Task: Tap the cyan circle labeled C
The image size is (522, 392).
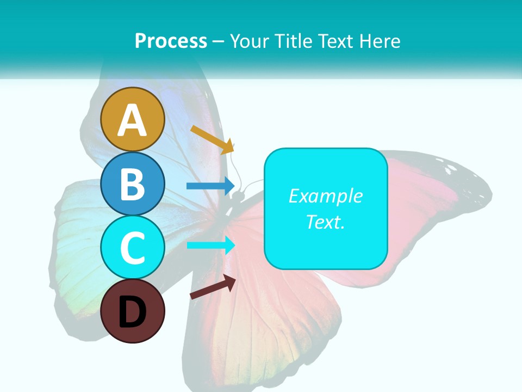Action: pyautogui.click(x=133, y=248)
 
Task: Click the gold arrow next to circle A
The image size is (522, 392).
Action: pyautogui.click(x=213, y=139)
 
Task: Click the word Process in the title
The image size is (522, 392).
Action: pyautogui.click(x=171, y=41)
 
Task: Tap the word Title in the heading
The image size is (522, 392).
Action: pyautogui.click(x=289, y=41)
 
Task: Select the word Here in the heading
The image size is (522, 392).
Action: pyautogui.click(x=380, y=41)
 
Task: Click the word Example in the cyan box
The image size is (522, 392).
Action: pyautogui.click(x=325, y=196)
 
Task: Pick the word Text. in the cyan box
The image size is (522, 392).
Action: pyautogui.click(x=325, y=222)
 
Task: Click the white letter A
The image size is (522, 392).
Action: pyautogui.click(x=133, y=121)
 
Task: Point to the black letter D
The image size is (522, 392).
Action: pyautogui.click(x=133, y=313)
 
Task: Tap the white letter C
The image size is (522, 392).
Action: pyautogui.click(x=133, y=248)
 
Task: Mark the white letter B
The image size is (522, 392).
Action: pyautogui.click(x=133, y=184)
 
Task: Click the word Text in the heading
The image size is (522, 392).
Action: pyautogui.click(x=333, y=41)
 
